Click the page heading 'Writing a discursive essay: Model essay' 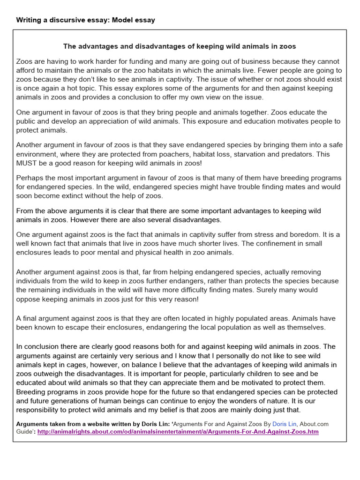85,20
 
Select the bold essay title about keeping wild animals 180,46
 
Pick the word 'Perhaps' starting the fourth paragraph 29,178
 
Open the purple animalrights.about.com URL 178,432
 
